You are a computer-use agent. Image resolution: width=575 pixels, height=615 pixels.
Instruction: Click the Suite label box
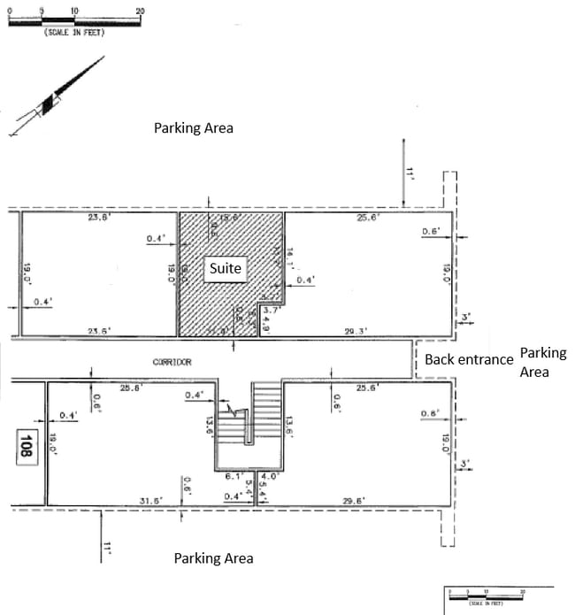[225, 268]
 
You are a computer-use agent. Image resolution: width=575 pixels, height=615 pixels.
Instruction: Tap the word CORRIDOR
[172, 362]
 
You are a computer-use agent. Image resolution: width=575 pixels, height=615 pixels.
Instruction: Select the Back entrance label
[469, 359]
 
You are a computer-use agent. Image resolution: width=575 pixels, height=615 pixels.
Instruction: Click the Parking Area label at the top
[194, 128]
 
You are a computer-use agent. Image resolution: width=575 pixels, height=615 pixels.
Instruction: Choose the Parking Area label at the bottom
[213, 558]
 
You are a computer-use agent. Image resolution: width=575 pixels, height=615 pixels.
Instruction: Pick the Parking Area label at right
[542, 362]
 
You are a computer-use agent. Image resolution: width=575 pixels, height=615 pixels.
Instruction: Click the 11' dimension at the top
[410, 173]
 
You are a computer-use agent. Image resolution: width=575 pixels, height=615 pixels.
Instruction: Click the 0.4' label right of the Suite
[305, 280]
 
